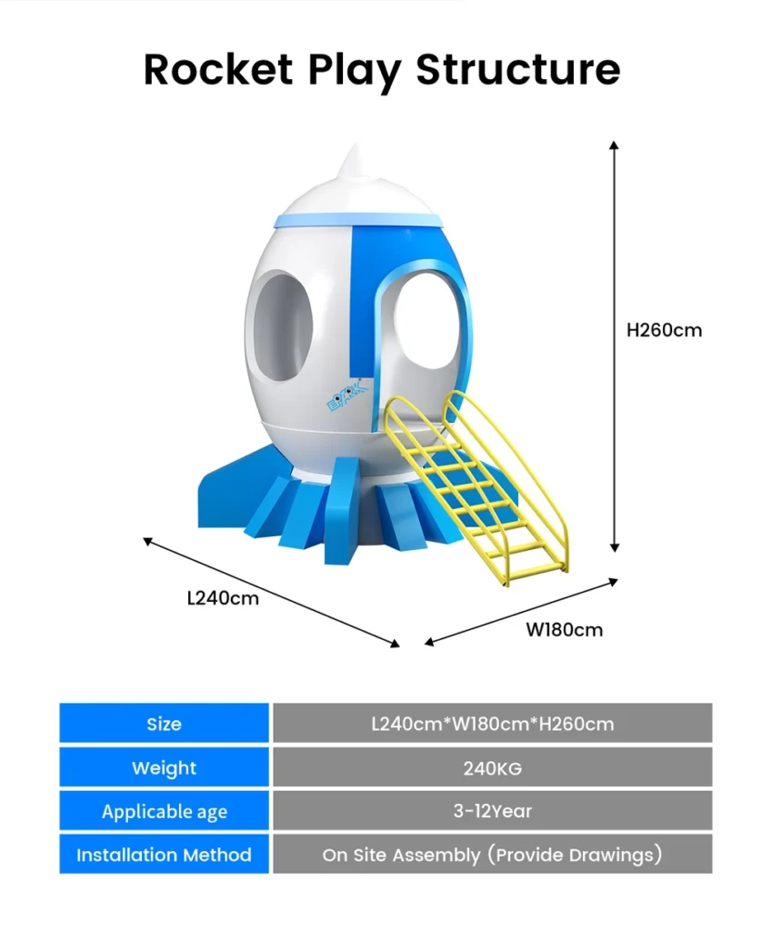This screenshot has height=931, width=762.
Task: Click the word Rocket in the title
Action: click(218, 69)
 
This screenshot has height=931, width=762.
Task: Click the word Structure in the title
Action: click(518, 69)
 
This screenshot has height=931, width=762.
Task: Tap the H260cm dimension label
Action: click(664, 330)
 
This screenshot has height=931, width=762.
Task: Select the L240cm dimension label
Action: click(223, 598)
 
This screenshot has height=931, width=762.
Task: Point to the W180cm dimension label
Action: click(564, 629)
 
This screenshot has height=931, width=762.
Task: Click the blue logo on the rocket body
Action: click(346, 396)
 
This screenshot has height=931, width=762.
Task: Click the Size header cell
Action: click(164, 723)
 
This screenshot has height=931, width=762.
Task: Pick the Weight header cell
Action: click(164, 767)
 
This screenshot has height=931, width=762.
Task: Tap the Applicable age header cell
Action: click(164, 810)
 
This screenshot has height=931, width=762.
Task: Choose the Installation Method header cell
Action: click(164, 854)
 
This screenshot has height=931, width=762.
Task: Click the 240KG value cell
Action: click(492, 767)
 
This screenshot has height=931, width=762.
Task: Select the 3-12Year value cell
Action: click(492, 810)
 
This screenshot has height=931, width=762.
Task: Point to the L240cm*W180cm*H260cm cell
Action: click(492, 723)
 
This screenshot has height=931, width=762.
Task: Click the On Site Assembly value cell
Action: click(492, 854)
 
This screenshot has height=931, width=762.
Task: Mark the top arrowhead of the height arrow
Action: click(615, 145)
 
